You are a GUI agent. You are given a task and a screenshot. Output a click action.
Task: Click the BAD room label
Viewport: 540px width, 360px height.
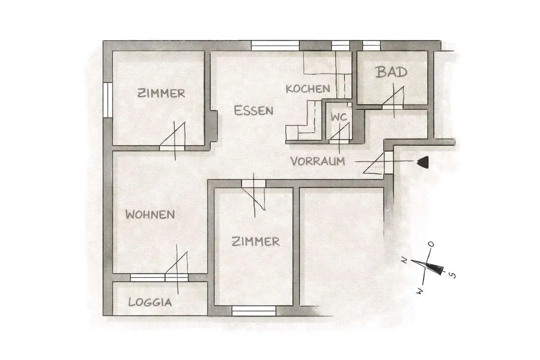point(391,72)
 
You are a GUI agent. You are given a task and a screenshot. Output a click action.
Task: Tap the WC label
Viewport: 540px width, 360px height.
point(339,117)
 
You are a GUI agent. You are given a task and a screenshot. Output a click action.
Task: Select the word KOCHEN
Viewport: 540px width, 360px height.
point(308,89)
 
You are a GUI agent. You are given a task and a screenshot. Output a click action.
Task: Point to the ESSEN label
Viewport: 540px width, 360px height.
point(253,110)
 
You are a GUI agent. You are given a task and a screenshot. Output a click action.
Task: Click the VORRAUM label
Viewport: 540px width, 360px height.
point(318,161)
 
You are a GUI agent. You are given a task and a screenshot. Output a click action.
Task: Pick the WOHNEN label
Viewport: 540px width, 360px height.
point(150,214)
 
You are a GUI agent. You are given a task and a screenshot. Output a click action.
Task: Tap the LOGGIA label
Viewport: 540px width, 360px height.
point(150,302)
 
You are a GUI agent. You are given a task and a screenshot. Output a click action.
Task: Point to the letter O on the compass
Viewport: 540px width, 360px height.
point(431,244)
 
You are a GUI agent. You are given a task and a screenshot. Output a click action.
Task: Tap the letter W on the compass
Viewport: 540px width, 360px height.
point(420,291)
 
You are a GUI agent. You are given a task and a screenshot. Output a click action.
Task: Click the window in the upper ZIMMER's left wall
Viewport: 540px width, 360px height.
point(108,100)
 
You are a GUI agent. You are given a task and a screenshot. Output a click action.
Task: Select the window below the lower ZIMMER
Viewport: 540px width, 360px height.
point(254,311)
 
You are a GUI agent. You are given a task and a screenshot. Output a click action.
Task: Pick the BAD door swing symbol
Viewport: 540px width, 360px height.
point(393,99)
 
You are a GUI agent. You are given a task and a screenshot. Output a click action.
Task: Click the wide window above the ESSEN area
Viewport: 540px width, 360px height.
point(275,45)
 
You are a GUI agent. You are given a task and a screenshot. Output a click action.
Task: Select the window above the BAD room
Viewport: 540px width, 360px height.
point(372,45)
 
